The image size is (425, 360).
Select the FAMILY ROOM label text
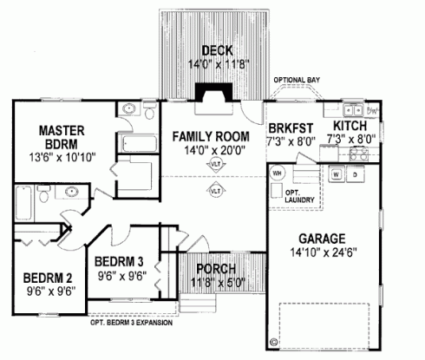click(x=210, y=136)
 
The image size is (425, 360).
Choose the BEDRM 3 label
click(x=118, y=262)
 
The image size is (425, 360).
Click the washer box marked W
click(x=335, y=173)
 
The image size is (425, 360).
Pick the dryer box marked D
click(x=355, y=173)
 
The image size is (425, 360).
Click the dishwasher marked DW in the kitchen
click(x=373, y=111)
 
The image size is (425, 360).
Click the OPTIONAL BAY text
click(x=297, y=80)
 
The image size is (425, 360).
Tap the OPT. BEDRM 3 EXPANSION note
click(x=130, y=322)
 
